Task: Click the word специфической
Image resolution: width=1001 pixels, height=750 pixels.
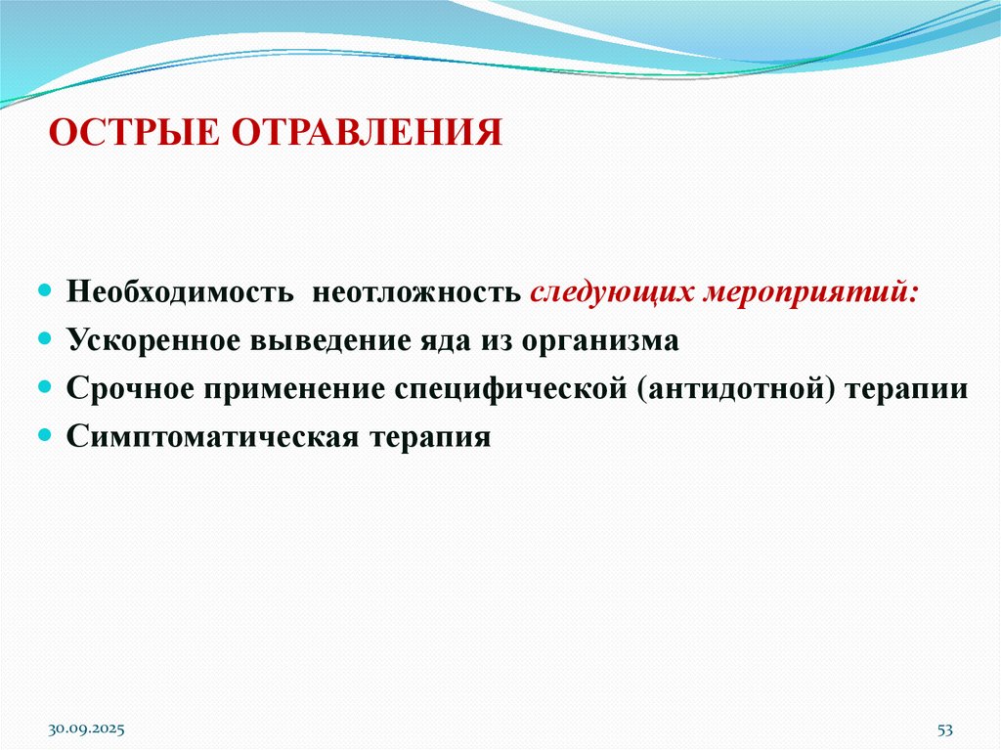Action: pos(509,388)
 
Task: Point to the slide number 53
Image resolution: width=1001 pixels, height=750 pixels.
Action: pos(944,729)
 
